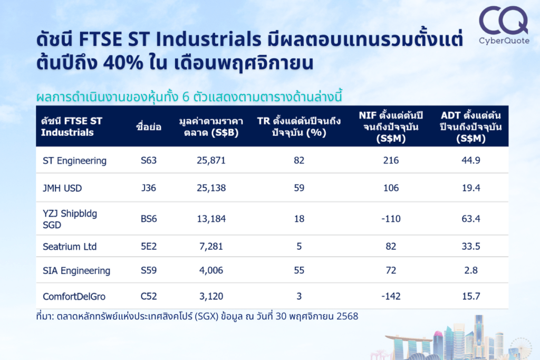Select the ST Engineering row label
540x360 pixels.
(74, 161)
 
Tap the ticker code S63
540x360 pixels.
(149, 161)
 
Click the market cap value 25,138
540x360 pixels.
(208, 188)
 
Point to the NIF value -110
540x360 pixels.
(391, 219)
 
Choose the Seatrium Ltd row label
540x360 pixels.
(70, 247)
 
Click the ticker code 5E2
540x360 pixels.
(149, 247)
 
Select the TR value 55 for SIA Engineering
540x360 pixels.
(299, 270)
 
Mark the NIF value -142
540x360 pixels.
(391, 296)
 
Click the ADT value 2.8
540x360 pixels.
(471, 270)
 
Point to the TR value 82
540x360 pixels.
(299, 161)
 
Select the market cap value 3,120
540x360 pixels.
(208, 296)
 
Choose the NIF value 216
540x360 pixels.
(391, 161)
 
